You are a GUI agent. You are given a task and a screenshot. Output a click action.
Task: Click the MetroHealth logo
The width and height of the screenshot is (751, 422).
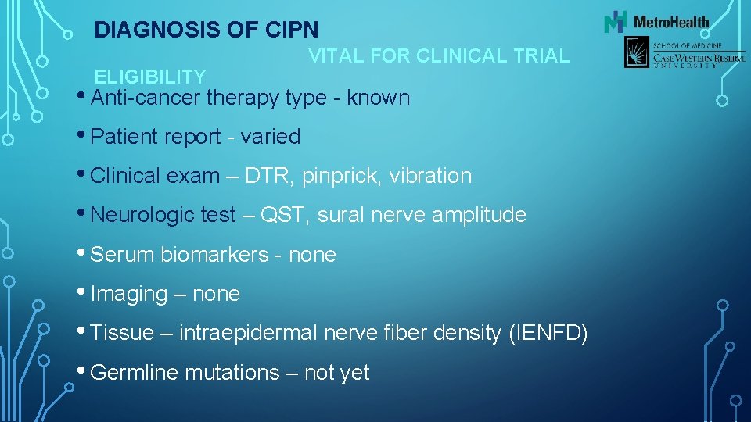(x=656, y=22)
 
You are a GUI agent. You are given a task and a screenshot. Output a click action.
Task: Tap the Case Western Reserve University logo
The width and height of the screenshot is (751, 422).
(x=673, y=54)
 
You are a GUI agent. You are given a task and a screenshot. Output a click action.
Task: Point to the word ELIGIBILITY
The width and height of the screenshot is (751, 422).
(x=150, y=77)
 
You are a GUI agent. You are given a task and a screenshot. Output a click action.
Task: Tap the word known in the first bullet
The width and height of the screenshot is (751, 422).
(x=378, y=98)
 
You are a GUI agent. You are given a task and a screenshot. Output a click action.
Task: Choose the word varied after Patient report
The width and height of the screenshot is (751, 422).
(x=271, y=137)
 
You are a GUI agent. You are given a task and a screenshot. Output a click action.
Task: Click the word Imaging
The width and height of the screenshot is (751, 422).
(x=129, y=295)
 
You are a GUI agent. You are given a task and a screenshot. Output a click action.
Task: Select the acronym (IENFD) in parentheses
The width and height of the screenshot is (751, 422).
(x=548, y=334)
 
